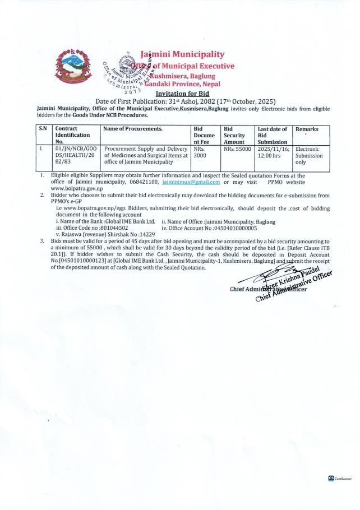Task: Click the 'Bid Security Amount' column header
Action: pos(235,135)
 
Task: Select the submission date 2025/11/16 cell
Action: pos(273,152)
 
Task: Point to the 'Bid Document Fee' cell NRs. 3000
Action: pos(200,153)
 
